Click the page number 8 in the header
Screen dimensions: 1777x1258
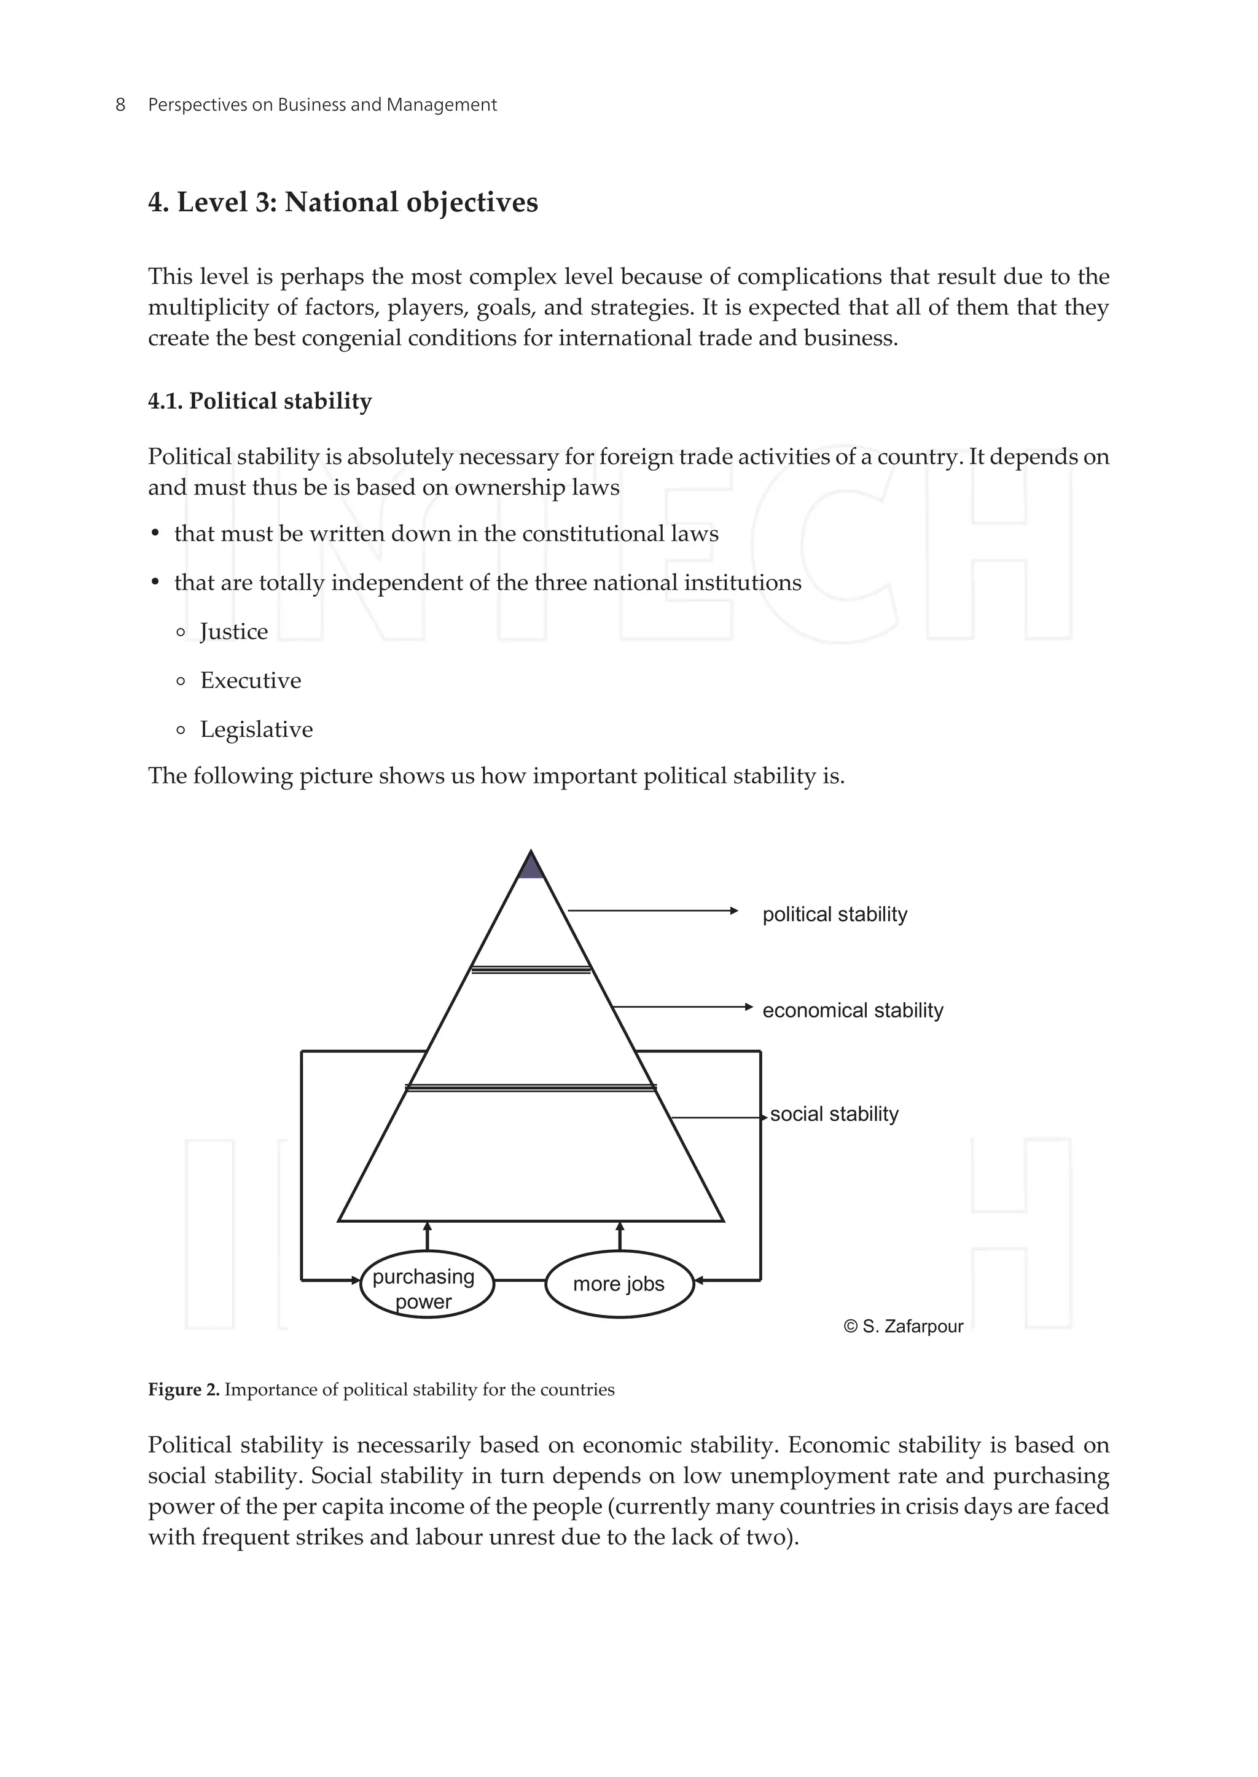click(x=120, y=104)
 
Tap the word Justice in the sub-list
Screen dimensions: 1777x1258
click(x=233, y=632)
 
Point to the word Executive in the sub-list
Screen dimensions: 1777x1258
click(x=250, y=680)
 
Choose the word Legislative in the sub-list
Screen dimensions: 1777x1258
click(x=256, y=729)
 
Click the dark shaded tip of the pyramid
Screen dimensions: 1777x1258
click(x=531, y=867)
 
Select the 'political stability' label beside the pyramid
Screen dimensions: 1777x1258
click(x=834, y=914)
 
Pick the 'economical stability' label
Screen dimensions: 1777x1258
click(x=852, y=1011)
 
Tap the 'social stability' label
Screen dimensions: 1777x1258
click(x=834, y=1115)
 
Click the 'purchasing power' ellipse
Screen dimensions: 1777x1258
click(x=427, y=1284)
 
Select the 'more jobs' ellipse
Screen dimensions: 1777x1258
click(x=619, y=1284)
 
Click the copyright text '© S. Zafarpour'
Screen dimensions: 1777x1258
click(x=902, y=1327)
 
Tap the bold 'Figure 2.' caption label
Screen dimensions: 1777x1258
click(x=184, y=1389)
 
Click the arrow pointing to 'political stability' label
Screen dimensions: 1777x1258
click(x=652, y=911)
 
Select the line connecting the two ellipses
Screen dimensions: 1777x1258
click(x=520, y=1281)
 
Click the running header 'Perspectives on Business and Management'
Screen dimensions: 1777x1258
click(x=322, y=104)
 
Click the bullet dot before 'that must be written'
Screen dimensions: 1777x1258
click(x=155, y=534)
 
